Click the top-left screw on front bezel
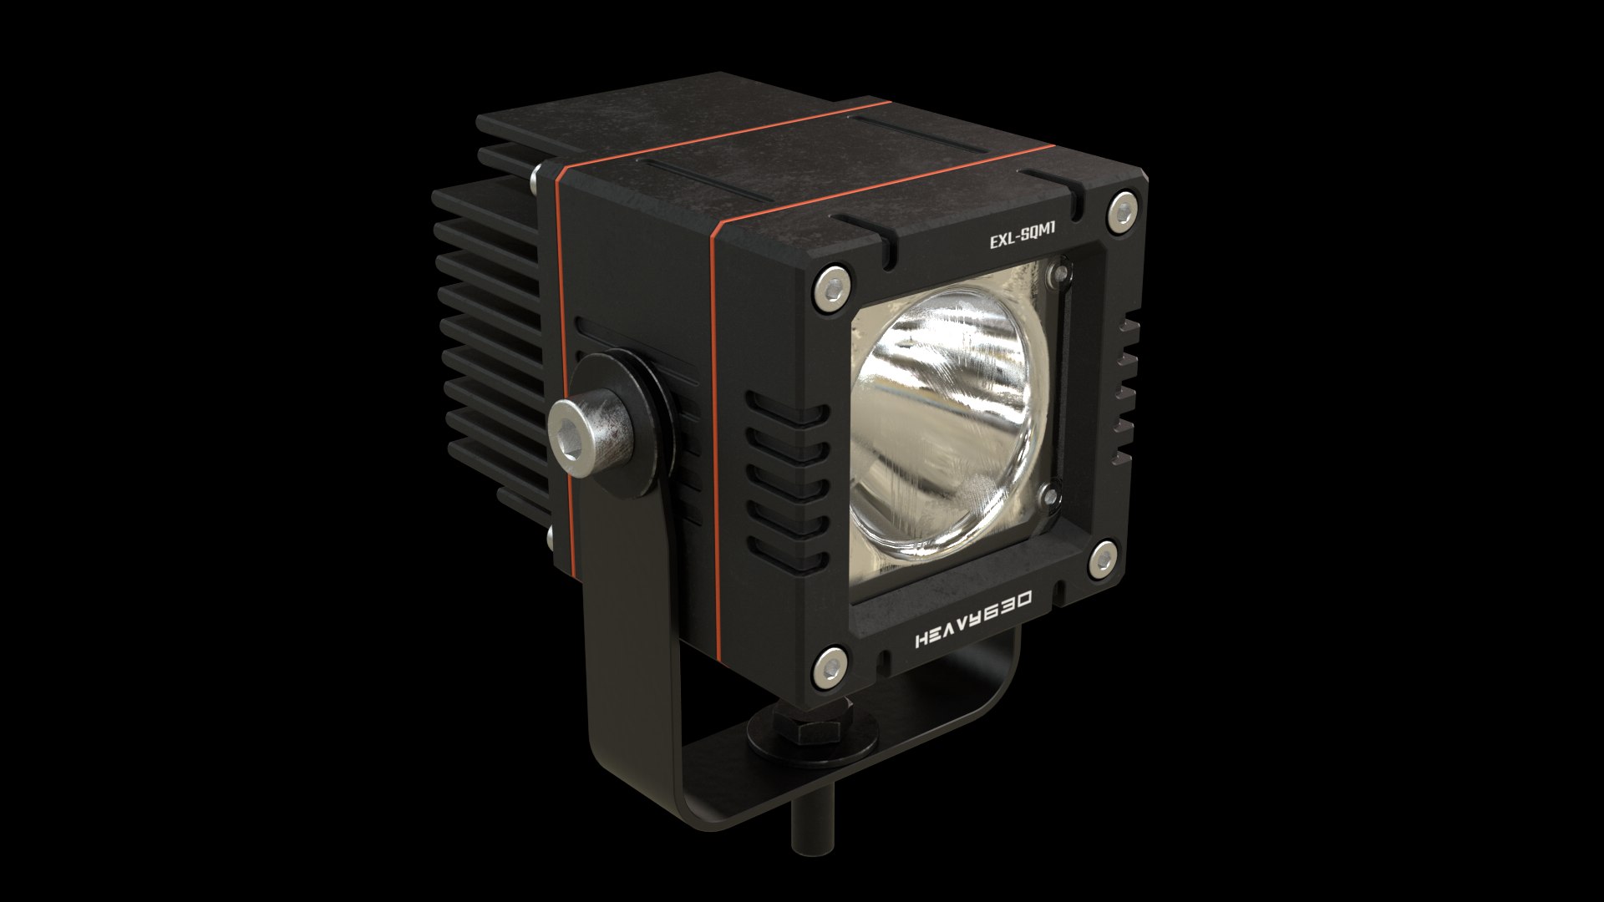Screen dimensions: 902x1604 click(x=832, y=287)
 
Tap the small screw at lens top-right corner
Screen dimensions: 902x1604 click(x=1061, y=271)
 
